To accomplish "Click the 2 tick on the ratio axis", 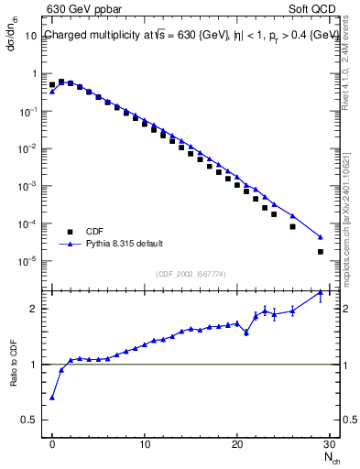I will [38, 309].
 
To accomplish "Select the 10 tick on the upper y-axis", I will [33, 36].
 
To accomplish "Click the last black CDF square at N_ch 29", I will [320, 252].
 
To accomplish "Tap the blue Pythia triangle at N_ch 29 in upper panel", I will [320, 236].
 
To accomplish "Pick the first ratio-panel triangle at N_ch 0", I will [52, 398].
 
